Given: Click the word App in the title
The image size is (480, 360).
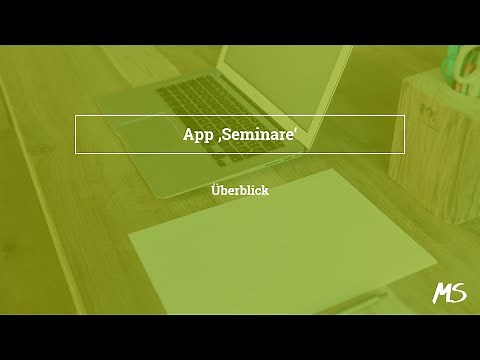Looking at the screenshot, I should (197, 135).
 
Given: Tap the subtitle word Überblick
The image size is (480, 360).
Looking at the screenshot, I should (240, 190).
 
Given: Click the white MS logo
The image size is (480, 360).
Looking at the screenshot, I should (449, 293).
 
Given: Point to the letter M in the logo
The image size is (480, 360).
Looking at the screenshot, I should (443, 293).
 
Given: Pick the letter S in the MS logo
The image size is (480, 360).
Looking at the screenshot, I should (459, 293).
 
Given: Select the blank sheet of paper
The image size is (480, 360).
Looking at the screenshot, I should (280, 240).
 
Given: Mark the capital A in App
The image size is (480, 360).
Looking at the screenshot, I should (188, 134).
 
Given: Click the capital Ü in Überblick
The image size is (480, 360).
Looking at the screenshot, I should (217, 189).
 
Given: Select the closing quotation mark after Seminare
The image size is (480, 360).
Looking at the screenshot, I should (296, 130).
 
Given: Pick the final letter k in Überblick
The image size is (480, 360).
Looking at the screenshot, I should (265, 190).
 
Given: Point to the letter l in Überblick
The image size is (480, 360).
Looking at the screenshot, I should (248, 190).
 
